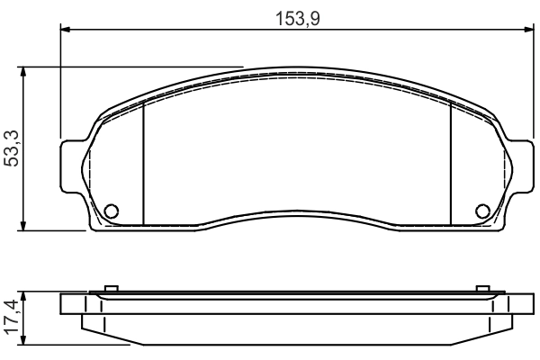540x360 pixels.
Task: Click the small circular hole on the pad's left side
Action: coord(112,211)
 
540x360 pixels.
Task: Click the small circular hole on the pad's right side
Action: coord(482,211)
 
